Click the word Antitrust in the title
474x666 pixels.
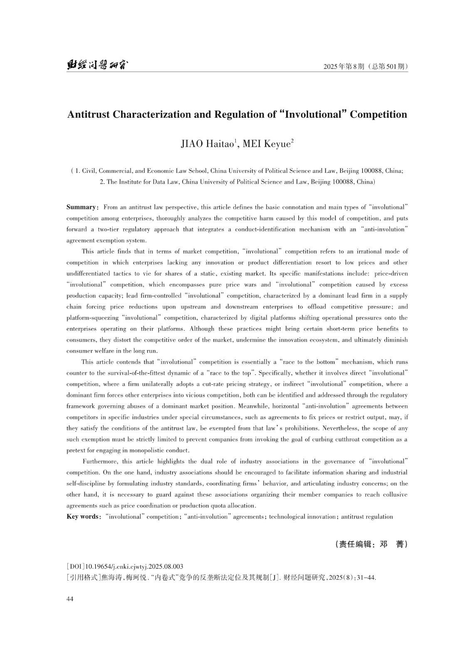(x=89, y=114)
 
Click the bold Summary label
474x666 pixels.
(x=81, y=207)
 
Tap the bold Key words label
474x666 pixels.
(x=82, y=517)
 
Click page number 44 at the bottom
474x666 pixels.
(x=70, y=599)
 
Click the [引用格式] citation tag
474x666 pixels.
(x=84, y=577)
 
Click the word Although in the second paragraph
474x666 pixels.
(x=202, y=329)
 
